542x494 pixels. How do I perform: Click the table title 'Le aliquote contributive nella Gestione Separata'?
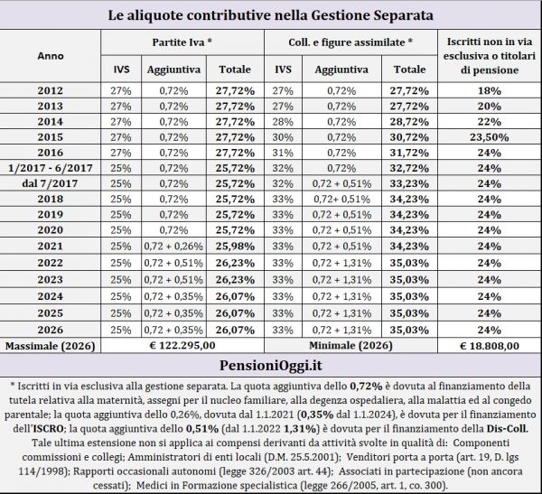coord(270,16)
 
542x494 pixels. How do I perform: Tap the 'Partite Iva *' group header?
coord(183,42)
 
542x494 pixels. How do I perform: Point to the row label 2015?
coord(51,136)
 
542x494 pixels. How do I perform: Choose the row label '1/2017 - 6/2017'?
coord(51,168)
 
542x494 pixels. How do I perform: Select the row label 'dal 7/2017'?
coord(51,183)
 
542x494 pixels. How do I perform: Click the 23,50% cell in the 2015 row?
coord(489,136)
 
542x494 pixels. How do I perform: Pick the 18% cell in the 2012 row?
coord(489,90)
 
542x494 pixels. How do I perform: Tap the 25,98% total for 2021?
coord(235,245)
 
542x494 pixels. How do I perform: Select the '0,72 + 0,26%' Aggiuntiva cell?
coord(172,245)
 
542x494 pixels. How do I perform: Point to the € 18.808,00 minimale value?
coord(489,344)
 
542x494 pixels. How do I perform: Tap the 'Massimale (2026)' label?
coord(51,344)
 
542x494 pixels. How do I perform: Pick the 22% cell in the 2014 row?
coord(489,121)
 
